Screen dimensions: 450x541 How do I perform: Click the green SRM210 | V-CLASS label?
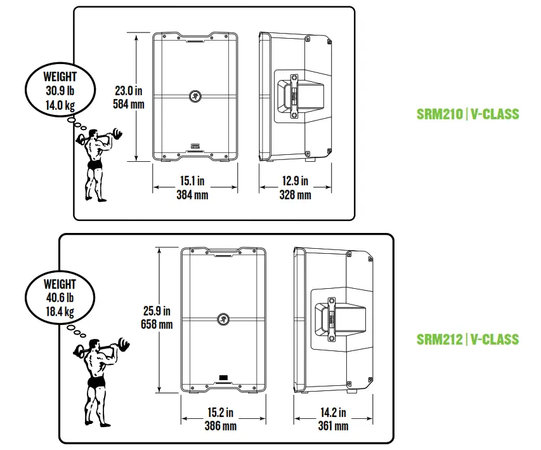coord(467,114)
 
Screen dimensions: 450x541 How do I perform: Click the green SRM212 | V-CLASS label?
coord(467,339)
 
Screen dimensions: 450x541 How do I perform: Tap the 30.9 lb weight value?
coord(60,91)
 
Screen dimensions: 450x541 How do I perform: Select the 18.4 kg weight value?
coord(60,312)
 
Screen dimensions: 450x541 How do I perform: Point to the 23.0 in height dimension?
coord(127,91)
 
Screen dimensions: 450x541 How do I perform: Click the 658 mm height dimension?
coord(157,324)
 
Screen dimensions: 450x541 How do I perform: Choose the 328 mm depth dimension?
coord(296,195)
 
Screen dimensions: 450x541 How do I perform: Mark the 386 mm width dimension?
coord(221,426)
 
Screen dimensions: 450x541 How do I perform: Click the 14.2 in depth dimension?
coord(333,413)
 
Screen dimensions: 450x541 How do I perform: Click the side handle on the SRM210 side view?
coord(295,96)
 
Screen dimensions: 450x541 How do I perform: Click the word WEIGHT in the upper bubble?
coord(60,77)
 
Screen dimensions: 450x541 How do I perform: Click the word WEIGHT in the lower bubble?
coord(60,284)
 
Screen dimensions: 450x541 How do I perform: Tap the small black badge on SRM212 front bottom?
coord(223,380)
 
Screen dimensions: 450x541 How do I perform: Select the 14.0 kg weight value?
coord(60,105)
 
